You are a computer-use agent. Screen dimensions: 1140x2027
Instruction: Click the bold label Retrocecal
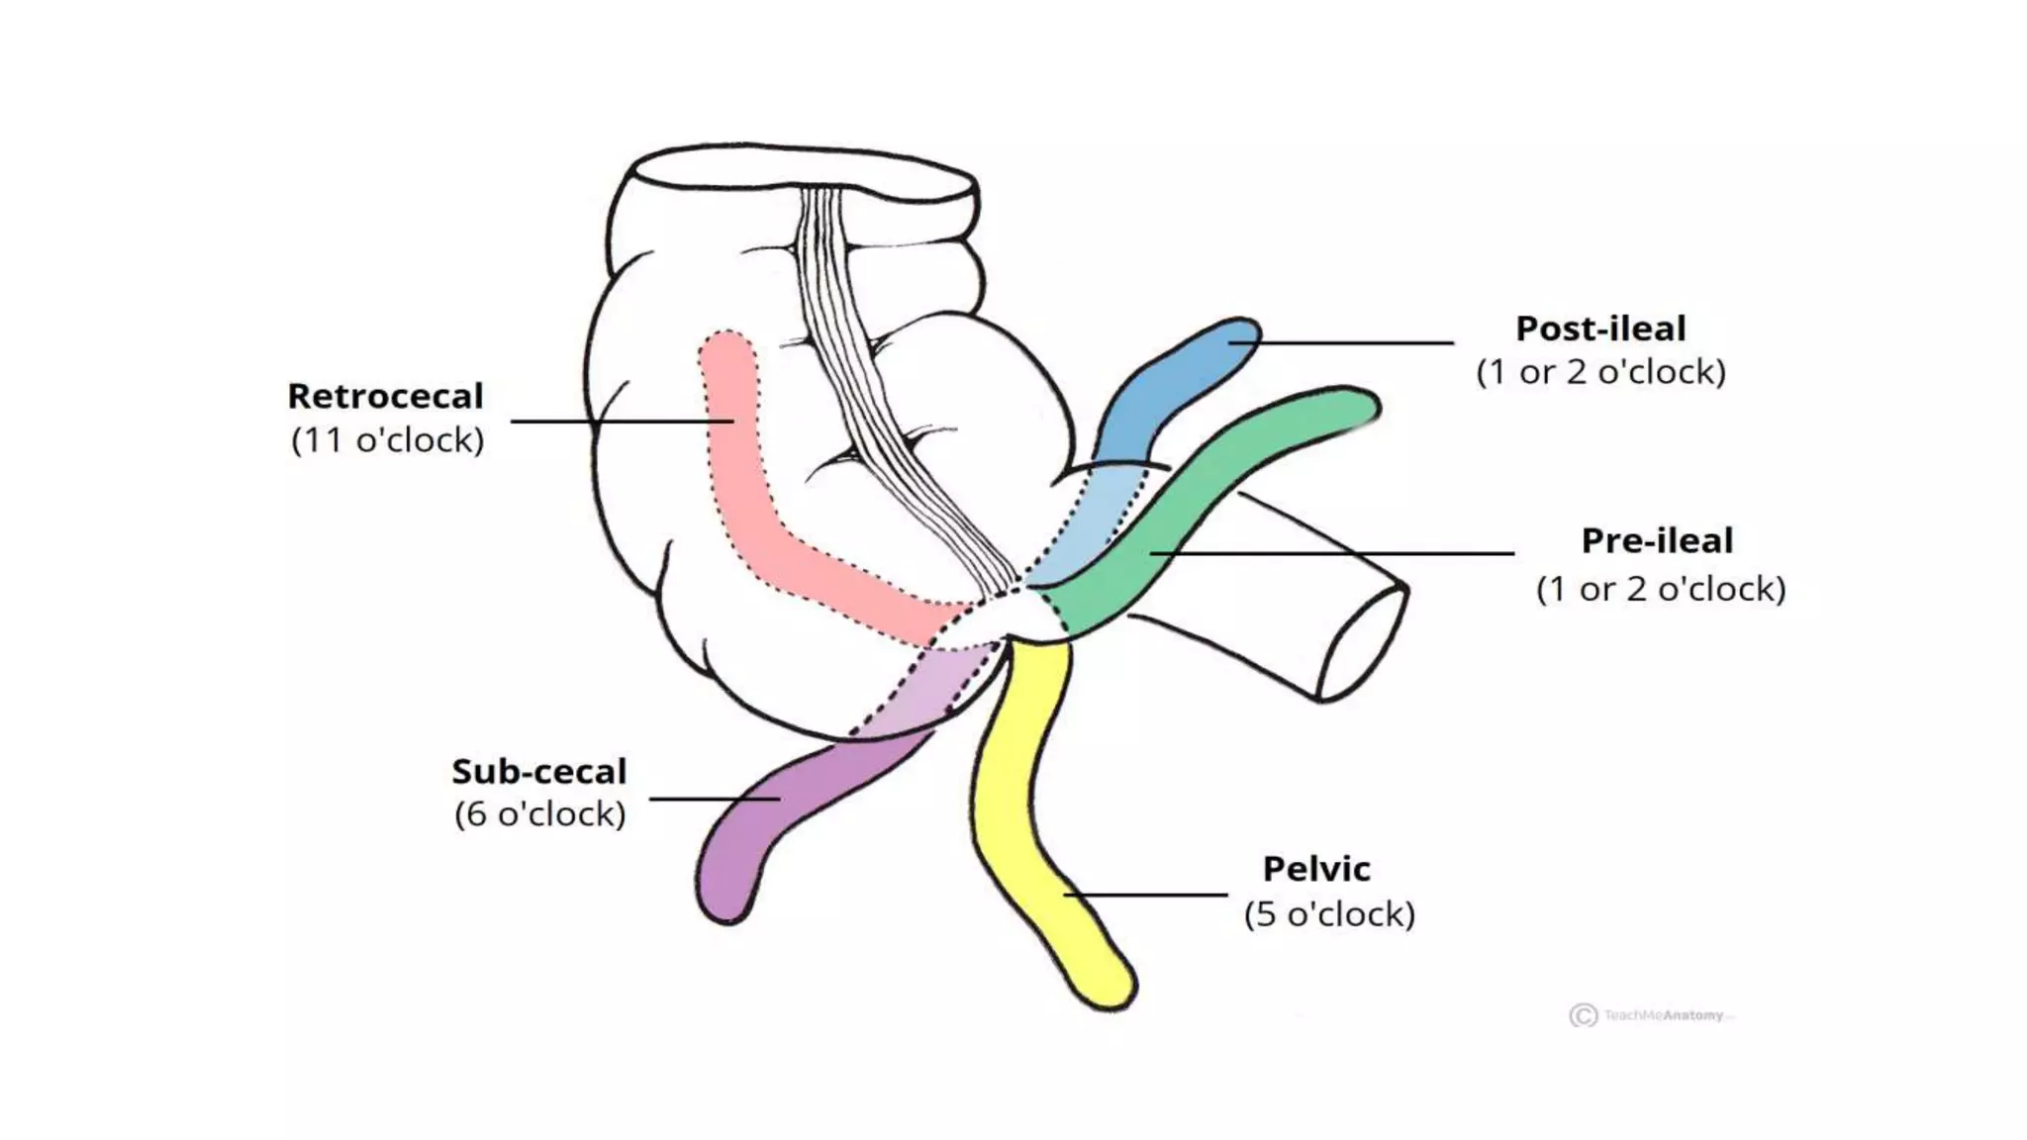click(x=385, y=396)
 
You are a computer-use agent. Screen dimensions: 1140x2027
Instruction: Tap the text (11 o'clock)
click(x=387, y=439)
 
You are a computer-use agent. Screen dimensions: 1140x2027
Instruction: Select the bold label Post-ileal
click(x=1600, y=329)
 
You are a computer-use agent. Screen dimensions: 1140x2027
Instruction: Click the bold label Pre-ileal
click(x=1657, y=540)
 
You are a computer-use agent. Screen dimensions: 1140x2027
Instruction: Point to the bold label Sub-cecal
click(x=539, y=771)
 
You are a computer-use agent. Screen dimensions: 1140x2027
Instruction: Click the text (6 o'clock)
click(x=539, y=814)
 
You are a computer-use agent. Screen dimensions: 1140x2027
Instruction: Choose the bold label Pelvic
click(x=1316, y=869)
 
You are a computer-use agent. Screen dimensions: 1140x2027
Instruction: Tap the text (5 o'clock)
click(x=1329, y=913)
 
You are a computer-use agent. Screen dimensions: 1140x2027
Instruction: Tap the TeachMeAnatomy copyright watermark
click(x=1651, y=1015)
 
